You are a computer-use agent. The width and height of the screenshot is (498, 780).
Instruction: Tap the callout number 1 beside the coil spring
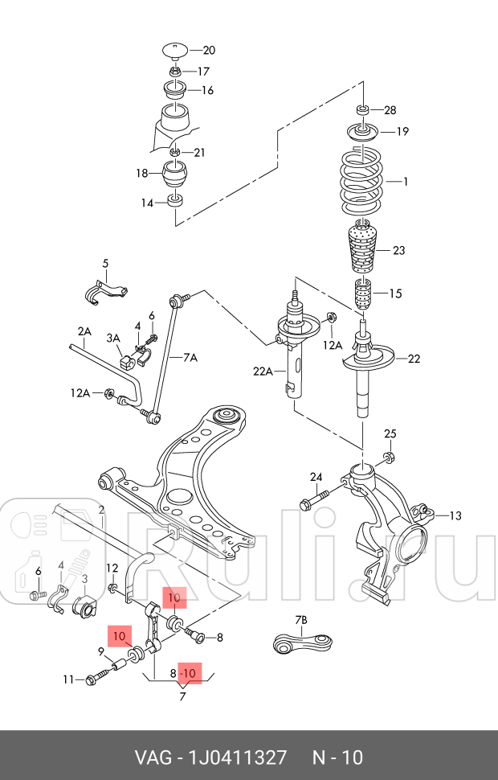[x=406, y=182]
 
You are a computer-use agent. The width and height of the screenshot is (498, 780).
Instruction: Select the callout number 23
[x=398, y=250]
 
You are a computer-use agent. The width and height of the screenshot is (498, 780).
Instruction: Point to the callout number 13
[x=455, y=515]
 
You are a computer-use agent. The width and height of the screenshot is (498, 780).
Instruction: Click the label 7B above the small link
[x=301, y=619]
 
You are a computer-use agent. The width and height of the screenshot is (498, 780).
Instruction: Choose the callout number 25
[x=390, y=434]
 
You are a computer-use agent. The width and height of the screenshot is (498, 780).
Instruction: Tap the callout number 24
[x=316, y=477]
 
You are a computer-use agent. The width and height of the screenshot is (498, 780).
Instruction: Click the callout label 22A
[x=263, y=372]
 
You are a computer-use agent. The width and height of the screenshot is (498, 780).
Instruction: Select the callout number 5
[x=104, y=264]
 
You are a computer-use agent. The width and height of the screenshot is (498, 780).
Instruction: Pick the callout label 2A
[x=84, y=331]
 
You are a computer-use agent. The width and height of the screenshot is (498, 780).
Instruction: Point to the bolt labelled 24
[x=314, y=503]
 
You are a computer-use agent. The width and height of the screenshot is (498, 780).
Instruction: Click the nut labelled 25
[x=388, y=458]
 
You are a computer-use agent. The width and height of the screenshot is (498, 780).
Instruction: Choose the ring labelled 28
[x=362, y=109]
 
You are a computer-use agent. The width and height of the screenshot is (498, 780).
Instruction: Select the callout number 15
[x=394, y=294]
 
